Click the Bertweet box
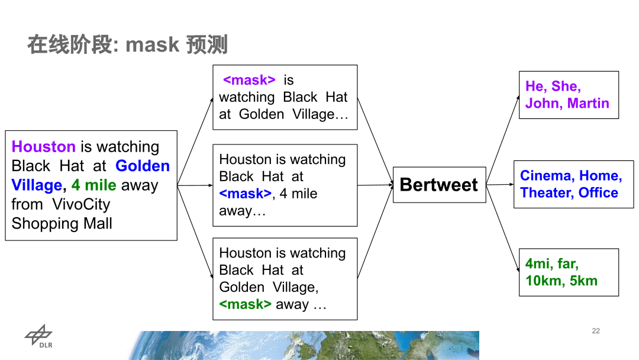(x=439, y=185)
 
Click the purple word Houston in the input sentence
(x=44, y=147)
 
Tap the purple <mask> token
(x=249, y=80)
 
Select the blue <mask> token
(x=245, y=194)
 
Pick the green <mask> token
(x=245, y=304)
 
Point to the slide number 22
(x=596, y=330)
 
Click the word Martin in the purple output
(x=588, y=103)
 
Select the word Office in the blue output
(x=598, y=193)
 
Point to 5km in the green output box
(x=583, y=281)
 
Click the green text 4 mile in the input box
(x=93, y=185)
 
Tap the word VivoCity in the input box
(x=85, y=204)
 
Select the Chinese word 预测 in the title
(x=206, y=44)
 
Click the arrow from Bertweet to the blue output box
(x=500, y=184)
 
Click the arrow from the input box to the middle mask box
(x=195, y=185)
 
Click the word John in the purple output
(x=543, y=103)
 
